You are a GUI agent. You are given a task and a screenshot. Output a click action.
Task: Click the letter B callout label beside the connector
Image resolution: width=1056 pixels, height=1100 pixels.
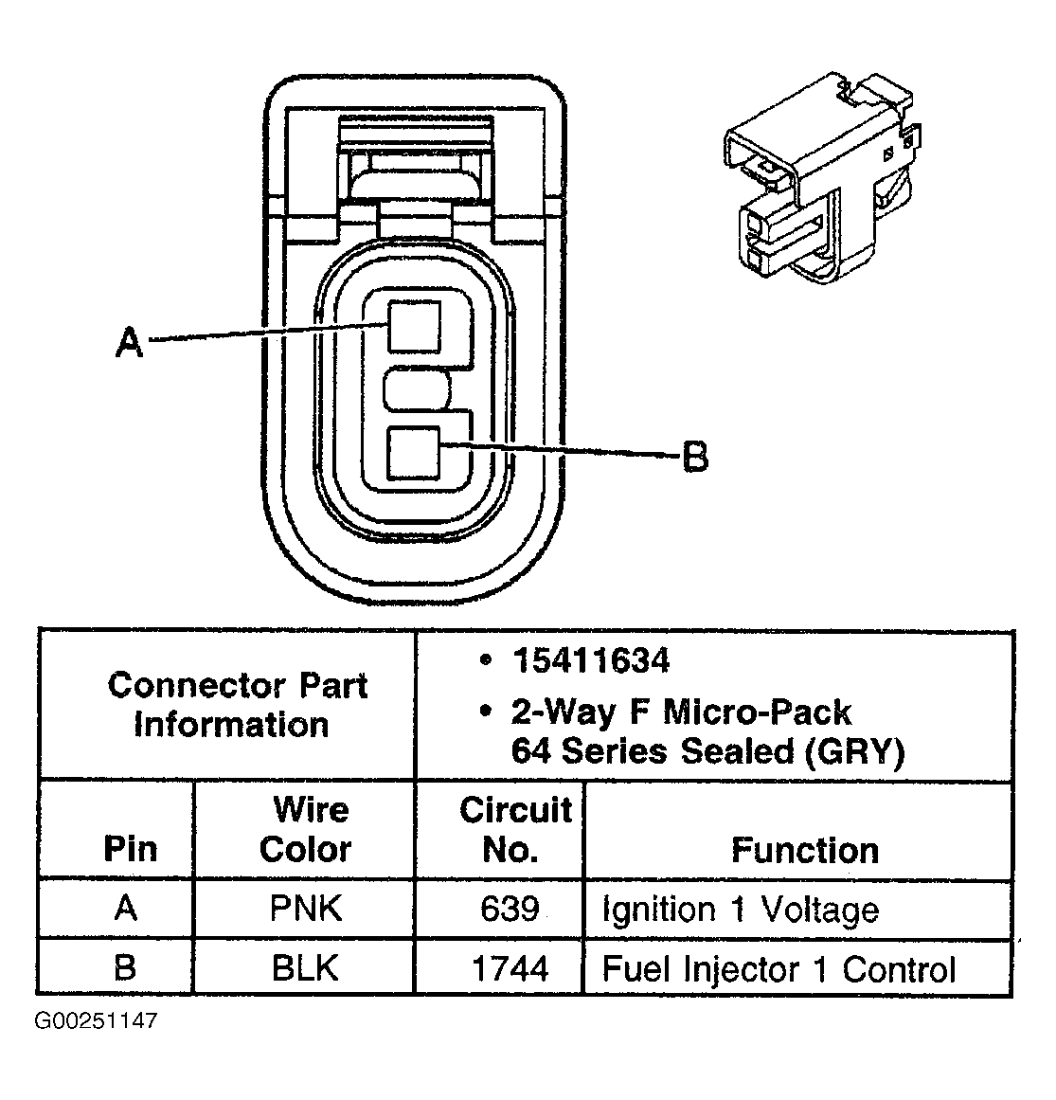coord(694,458)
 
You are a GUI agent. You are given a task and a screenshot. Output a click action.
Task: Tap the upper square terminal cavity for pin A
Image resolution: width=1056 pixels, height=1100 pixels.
coord(414,326)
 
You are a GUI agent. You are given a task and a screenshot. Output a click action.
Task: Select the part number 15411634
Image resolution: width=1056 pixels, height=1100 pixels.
coord(591,660)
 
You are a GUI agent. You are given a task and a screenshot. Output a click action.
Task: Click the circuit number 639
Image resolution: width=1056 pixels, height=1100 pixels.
coord(510,909)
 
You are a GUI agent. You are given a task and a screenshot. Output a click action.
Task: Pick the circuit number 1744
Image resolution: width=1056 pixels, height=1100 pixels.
coord(510,967)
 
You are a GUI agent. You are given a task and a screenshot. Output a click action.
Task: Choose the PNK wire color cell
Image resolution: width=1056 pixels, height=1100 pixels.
coord(305,909)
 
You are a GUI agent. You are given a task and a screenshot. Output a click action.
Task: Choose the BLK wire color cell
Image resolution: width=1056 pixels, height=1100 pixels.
coord(305,967)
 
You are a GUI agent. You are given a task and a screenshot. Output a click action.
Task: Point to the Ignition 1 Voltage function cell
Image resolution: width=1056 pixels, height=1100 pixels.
coord(740,911)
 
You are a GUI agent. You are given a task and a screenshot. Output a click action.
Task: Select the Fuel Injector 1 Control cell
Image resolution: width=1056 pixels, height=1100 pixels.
coord(779,969)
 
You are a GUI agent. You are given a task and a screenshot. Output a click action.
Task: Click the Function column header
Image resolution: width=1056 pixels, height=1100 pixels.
coord(804,849)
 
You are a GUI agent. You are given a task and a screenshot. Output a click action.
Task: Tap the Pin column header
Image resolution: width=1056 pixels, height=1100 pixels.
coord(130,848)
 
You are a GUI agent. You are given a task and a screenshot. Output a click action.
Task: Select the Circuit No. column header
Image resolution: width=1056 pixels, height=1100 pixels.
coord(514,829)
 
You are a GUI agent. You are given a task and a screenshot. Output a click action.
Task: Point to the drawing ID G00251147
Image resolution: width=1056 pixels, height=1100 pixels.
coord(96,1021)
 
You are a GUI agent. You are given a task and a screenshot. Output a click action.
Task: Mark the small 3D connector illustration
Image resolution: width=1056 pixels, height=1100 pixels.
coord(819,180)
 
